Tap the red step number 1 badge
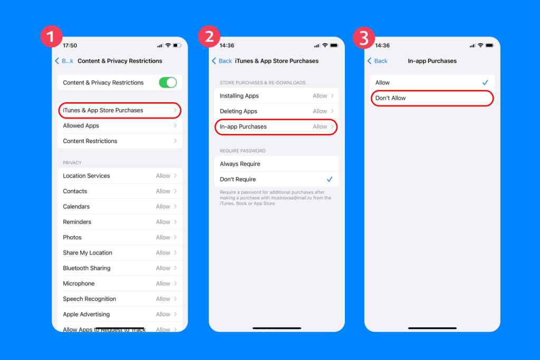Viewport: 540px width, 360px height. pyautogui.click(x=51, y=36)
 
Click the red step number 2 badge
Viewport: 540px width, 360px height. pyautogui.click(x=208, y=36)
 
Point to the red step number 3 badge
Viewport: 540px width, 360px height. pyautogui.click(x=364, y=36)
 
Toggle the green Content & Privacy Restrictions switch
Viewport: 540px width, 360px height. pyautogui.click(x=168, y=82)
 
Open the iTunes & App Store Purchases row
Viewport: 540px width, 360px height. pyautogui.click(x=120, y=110)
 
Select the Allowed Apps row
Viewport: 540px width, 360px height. pyautogui.click(x=120, y=125)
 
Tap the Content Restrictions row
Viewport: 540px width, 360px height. pyautogui.click(x=120, y=141)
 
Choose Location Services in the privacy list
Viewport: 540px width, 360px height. pyautogui.click(x=86, y=176)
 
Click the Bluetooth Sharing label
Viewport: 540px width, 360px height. pyautogui.click(x=86, y=268)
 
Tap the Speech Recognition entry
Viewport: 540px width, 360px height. pyautogui.click(x=89, y=299)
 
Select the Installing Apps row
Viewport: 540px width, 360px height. pyautogui.click(x=276, y=96)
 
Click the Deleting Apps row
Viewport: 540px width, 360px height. pyautogui.click(x=276, y=111)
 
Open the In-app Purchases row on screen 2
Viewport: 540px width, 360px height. pyautogui.click(x=276, y=127)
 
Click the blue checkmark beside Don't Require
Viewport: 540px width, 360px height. pyautogui.click(x=330, y=179)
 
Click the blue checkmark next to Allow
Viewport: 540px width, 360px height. pyautogui.click(x=485, y=83)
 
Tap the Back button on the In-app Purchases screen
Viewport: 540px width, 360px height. pyautogui.click(x=377, y=61)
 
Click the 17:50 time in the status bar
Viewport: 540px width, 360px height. pyautogui.click(x=70, y=45)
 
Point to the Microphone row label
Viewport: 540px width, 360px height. pyautogui.click(x=79, y=284)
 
